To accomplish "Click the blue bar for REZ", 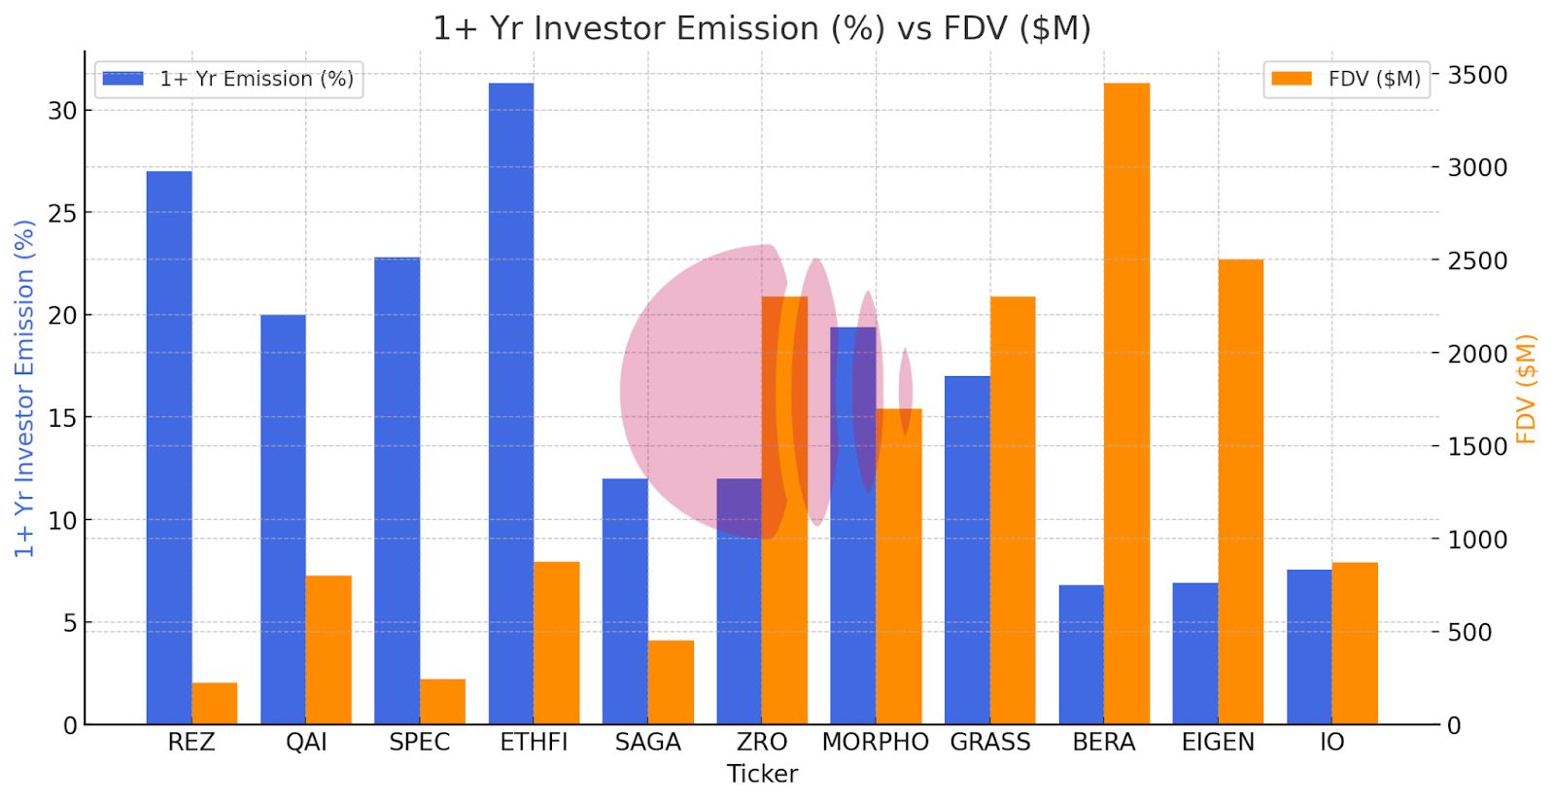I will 169,447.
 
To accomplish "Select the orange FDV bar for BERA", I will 1126,403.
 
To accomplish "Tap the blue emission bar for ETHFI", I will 511,403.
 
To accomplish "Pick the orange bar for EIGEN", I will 1241,491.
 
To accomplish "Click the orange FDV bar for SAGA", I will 671,681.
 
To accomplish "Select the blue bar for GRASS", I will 967,549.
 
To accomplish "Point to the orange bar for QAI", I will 328,649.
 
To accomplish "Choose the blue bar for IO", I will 1309,646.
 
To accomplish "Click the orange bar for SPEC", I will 442,701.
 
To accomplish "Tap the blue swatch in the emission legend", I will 122,79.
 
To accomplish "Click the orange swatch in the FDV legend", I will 1292,79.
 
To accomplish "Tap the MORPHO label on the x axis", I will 875,743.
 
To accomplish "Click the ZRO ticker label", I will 762,743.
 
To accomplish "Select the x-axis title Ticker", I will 762,775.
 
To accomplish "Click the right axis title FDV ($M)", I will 1526,389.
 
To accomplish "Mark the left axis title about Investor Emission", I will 24,389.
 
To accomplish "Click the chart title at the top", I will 762,28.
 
